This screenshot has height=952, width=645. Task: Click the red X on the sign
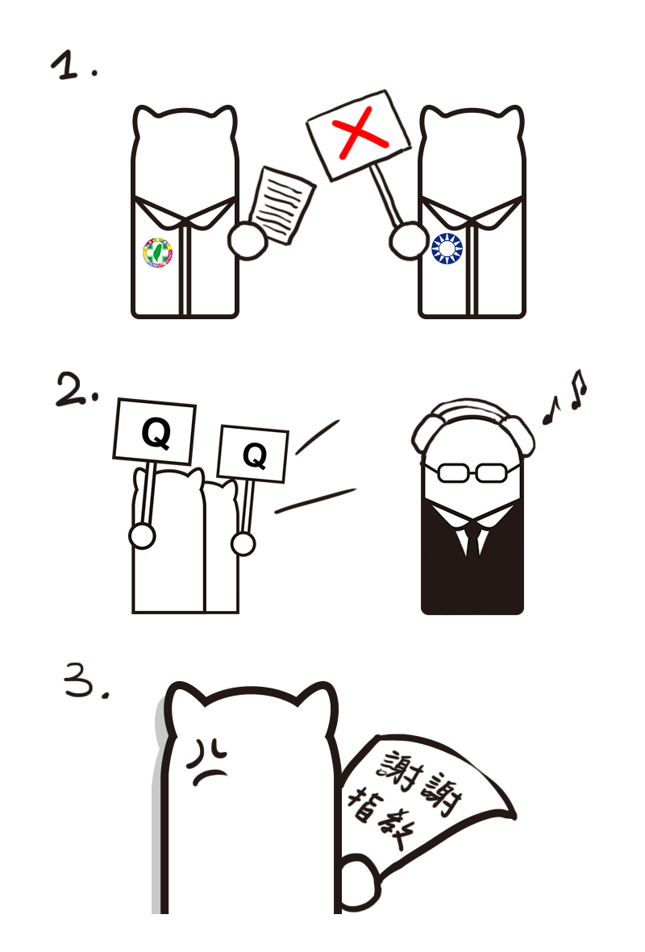[x=360, y=132]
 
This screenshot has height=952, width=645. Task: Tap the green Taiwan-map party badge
[x=158, y=252]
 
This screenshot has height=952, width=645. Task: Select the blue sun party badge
[x=447, y=248]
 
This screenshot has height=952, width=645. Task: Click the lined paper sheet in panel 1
[x=281, y=206]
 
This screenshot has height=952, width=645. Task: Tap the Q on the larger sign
[x=156, y=434]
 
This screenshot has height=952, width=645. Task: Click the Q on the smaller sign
[x=255, y=455]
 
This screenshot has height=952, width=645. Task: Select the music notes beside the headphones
[x=565, y=397]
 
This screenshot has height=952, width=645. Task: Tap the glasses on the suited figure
[x=472, y=472]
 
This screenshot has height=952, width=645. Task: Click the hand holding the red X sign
[x=409, y=240]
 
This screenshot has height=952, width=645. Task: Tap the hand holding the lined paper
[x=248, y=241]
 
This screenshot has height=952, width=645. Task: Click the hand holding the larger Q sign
[x=142, y=537]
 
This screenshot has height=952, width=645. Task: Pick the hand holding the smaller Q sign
[x=243, y=543]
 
